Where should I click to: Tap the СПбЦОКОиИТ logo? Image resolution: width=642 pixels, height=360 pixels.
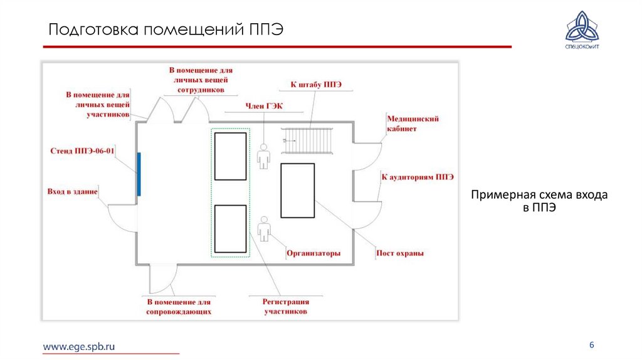pos(582,32)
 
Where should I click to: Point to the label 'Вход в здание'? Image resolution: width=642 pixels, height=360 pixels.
pos(72,191)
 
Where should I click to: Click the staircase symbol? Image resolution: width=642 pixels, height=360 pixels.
pos(307,140)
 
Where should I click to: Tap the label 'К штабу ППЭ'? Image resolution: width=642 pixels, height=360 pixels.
pos(315,85)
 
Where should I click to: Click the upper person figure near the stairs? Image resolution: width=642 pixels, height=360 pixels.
pos(263,156)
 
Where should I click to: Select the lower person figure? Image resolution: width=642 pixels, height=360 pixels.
pos(264,229)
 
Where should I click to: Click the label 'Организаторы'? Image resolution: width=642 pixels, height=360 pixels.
pos(313,253)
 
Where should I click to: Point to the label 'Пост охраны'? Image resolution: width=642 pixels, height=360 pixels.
pos(400,253)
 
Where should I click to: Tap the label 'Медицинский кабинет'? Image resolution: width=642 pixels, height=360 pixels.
pos(412,124)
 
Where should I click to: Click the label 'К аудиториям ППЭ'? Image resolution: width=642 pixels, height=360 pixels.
pos(417,177)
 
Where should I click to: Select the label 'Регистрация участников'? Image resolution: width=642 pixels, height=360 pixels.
pos(285,306)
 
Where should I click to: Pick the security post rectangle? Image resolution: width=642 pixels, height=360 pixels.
pos(297,191)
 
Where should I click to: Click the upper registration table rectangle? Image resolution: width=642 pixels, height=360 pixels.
pos(230,156)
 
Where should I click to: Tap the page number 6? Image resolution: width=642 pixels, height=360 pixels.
pos(591,346)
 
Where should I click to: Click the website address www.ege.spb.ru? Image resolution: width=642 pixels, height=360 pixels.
pos(79,346)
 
